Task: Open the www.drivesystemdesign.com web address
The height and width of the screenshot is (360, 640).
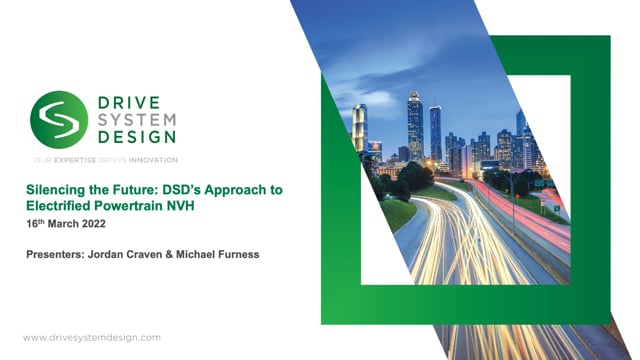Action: (91, 338)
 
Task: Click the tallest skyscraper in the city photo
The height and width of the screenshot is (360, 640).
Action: (415, 125)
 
